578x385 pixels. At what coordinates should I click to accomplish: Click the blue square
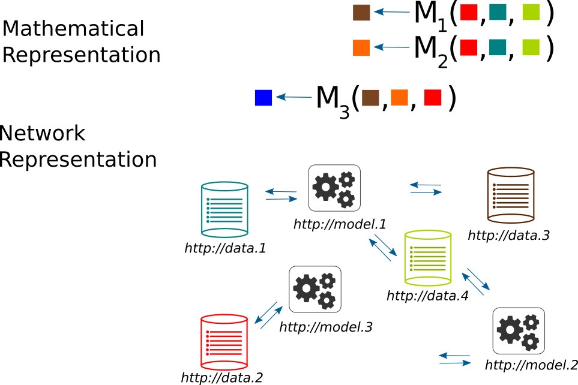point(263,98)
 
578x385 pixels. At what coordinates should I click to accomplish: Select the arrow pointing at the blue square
point(294,97)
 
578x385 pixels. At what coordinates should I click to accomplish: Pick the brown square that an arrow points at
point(361,13)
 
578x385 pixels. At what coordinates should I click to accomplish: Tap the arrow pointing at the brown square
point(391,12)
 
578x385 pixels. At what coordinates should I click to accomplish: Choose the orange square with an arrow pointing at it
point(361,48)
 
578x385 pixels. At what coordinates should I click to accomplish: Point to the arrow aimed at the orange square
point(391,47)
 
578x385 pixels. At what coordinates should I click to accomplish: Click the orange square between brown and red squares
point(399,98)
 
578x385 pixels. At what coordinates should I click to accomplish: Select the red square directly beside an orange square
point(433,98)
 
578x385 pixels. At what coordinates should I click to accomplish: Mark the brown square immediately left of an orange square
point(370,98)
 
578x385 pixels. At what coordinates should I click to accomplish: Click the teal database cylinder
point(224,210)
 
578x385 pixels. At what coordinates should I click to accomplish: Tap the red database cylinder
point(224,342)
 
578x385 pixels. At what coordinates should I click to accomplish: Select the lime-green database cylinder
point(428,258)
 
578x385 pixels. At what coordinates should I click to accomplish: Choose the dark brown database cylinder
point(511,195)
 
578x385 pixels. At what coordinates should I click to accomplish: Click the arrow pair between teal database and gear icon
point(281,195)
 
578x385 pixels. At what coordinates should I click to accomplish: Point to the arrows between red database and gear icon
point(268,315)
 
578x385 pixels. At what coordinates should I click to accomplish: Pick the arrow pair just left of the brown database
point(426,188)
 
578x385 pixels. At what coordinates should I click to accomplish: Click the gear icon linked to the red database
point(315,289)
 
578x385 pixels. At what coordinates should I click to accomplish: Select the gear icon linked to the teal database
point(334,188)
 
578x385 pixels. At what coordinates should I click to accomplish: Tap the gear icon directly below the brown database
point(519,330)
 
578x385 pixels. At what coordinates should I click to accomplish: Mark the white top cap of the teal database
point(224,187)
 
